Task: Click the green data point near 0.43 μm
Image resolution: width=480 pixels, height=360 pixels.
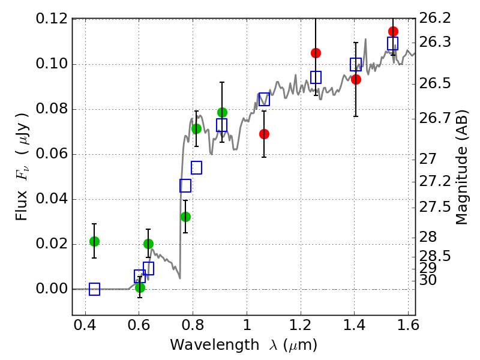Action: click(x=94, y=241)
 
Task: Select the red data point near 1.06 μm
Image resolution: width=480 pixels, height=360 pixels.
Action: click(x=264, y=134)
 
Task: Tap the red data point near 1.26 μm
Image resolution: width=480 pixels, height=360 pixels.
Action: click(x=316, y=53)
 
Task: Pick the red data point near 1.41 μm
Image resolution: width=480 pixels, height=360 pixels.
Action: click(x=356, y=79)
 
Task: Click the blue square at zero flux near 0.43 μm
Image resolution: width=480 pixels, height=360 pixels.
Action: click(x=94, y=289)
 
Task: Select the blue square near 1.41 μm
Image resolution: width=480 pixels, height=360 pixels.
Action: click(x=356, y=64)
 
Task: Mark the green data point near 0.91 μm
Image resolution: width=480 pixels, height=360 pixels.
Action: click(x=222, y=112)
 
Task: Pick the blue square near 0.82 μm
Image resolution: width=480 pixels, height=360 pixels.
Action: click(x=196, y=167)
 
